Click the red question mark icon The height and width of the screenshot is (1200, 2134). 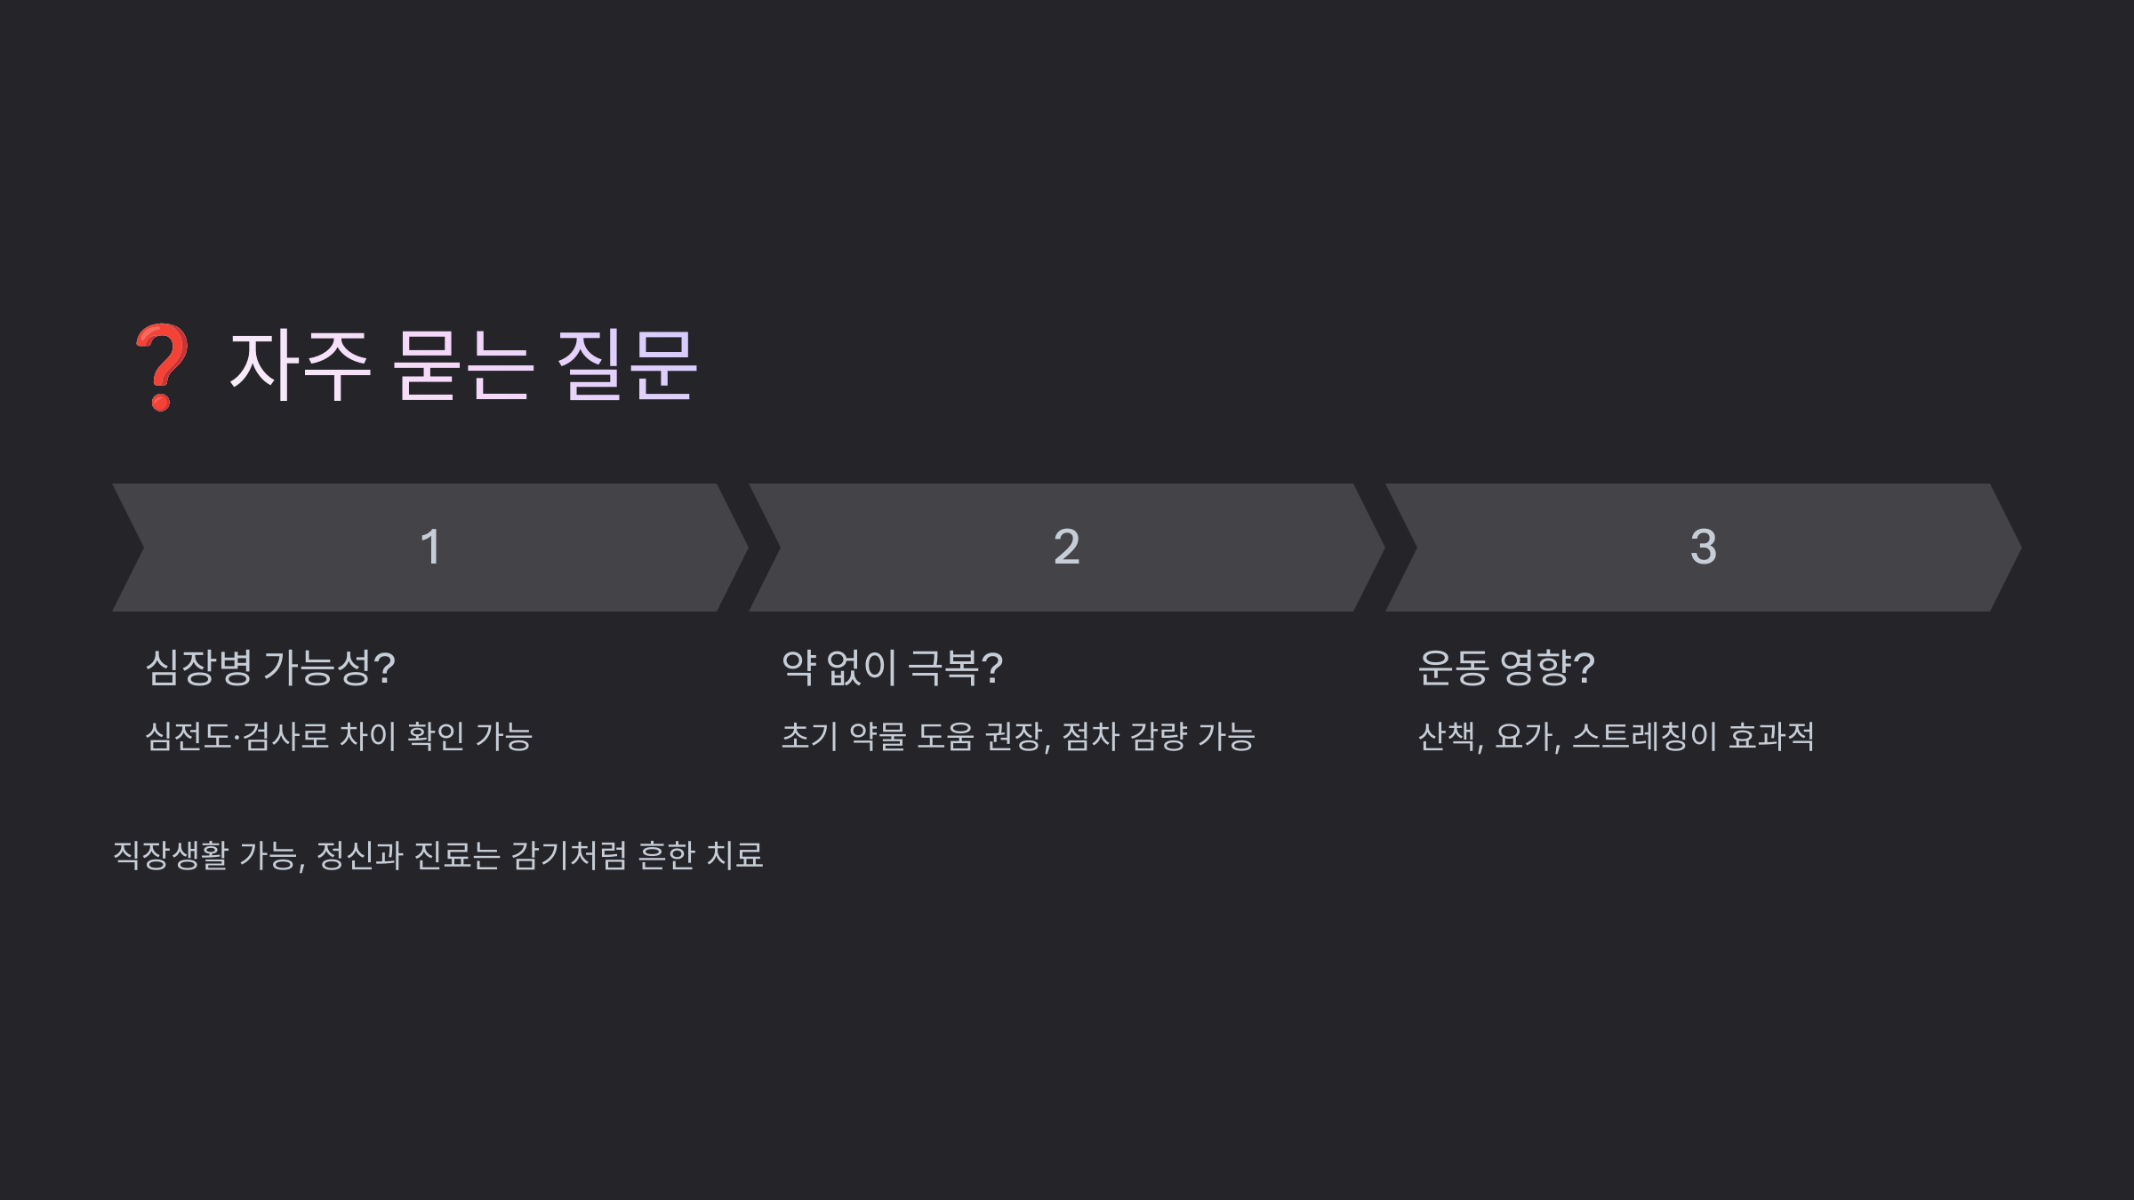(161, 367)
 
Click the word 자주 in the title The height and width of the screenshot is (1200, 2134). (299, 365)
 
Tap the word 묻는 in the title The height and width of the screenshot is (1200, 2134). (462, 365)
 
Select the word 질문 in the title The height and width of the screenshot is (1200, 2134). (627, 365)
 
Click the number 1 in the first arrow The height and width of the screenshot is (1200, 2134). (430, 548)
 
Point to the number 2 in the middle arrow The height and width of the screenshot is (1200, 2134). (1066, 548)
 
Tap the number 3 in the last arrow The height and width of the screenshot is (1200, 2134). (1703, 548)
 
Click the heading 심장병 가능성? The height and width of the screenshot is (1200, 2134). (270, 668)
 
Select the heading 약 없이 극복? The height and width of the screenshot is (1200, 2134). (892, 668)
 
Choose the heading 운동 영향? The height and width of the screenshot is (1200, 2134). (1506, 668)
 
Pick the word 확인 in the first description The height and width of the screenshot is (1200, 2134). (436, 737)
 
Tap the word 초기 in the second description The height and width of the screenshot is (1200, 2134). (809, 737)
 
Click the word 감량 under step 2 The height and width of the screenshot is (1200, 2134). (1159, 737)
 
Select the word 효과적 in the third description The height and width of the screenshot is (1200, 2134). (1771, 737)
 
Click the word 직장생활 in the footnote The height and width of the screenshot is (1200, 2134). (171, 856)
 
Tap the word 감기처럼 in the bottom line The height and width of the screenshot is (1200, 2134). (569, 856)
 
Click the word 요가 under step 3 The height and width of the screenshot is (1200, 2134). (1525, 737)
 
